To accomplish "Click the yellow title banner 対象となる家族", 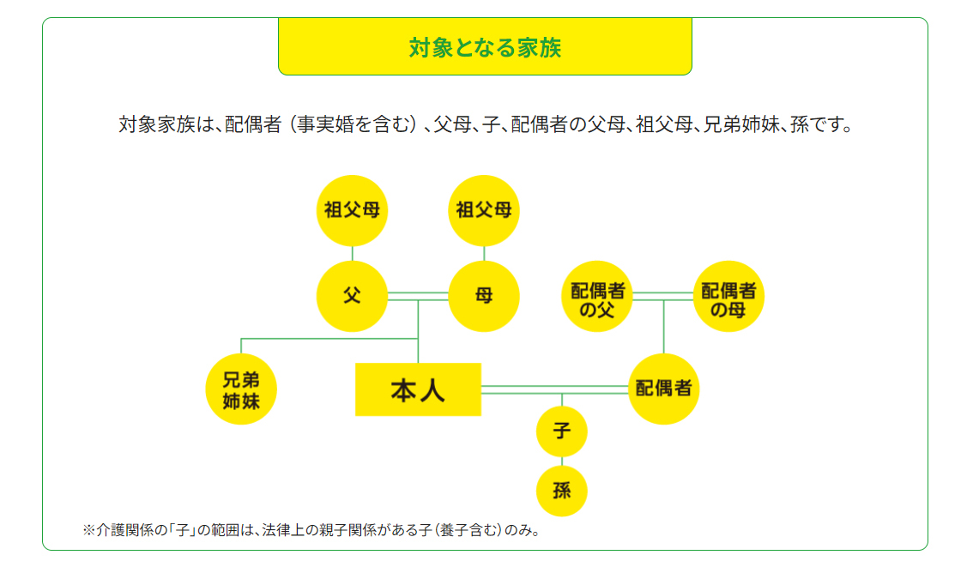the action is click(485, 46).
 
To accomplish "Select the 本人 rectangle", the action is click(418, 389).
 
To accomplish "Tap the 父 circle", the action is click(352, 296).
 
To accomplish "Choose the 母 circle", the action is click(483, 296).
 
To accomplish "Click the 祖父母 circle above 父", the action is click(352, 210).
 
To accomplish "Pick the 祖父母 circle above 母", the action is click(483, 210).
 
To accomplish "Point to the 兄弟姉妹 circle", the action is click(241, 389).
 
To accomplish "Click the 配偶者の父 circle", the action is click(597, 296).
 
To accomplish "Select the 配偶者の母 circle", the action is click(728, 296).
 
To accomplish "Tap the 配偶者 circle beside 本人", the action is click(663, 389).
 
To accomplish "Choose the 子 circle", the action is click(562, 431).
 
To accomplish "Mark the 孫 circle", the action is click(562, 491).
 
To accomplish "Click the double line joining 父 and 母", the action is click(418, 296).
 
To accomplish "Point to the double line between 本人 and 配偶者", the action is click(555, 389).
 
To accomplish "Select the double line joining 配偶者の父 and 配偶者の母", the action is click(662, 296).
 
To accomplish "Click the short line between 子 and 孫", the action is click(562, 461).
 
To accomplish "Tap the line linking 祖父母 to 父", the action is click(352, 253).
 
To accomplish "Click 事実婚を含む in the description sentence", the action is click(354, 124).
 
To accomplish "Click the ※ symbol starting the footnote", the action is click(88, 530).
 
